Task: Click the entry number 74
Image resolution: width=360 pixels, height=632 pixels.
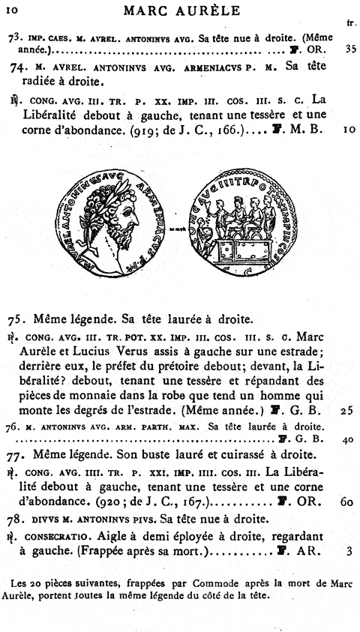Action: (21, 67)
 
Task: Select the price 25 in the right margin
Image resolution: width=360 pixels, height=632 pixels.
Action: (345, 411)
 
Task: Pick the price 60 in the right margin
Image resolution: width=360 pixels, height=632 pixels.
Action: (345, 502)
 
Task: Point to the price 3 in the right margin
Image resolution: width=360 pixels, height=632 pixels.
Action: (349, 552)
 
